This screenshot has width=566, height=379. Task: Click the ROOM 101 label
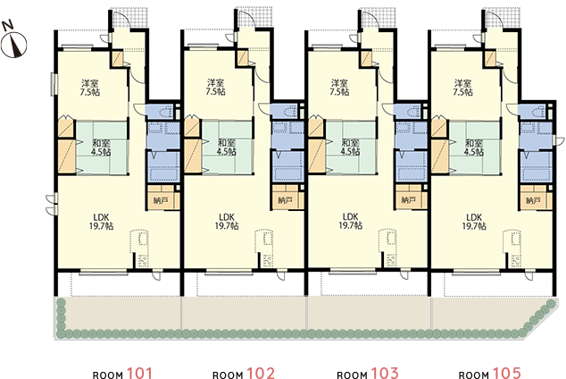click(122, 374)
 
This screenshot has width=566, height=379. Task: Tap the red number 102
click(261, 374)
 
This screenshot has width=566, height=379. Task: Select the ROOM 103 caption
click(368, 374)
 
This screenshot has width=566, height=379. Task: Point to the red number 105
click(507, 374)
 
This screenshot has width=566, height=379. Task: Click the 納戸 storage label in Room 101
click(161, 200)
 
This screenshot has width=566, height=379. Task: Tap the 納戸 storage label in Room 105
click(533, 200)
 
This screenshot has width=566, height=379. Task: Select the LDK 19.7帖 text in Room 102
click(227, 222)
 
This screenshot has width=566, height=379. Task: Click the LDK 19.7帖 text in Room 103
click(351, 221)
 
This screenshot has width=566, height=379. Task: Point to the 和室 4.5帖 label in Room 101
click(101, 147)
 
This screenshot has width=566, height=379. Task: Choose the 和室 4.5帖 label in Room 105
click(474, 147)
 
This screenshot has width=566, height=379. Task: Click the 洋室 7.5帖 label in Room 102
click(215, 88)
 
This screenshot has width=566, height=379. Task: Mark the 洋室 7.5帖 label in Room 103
click(339, 88)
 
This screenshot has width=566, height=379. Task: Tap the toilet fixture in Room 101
click(167, 112)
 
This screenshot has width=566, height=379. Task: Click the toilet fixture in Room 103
click(415, 112)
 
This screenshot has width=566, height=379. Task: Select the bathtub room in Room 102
click(287, 166)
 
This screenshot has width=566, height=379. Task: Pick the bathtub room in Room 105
click(536, 166)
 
